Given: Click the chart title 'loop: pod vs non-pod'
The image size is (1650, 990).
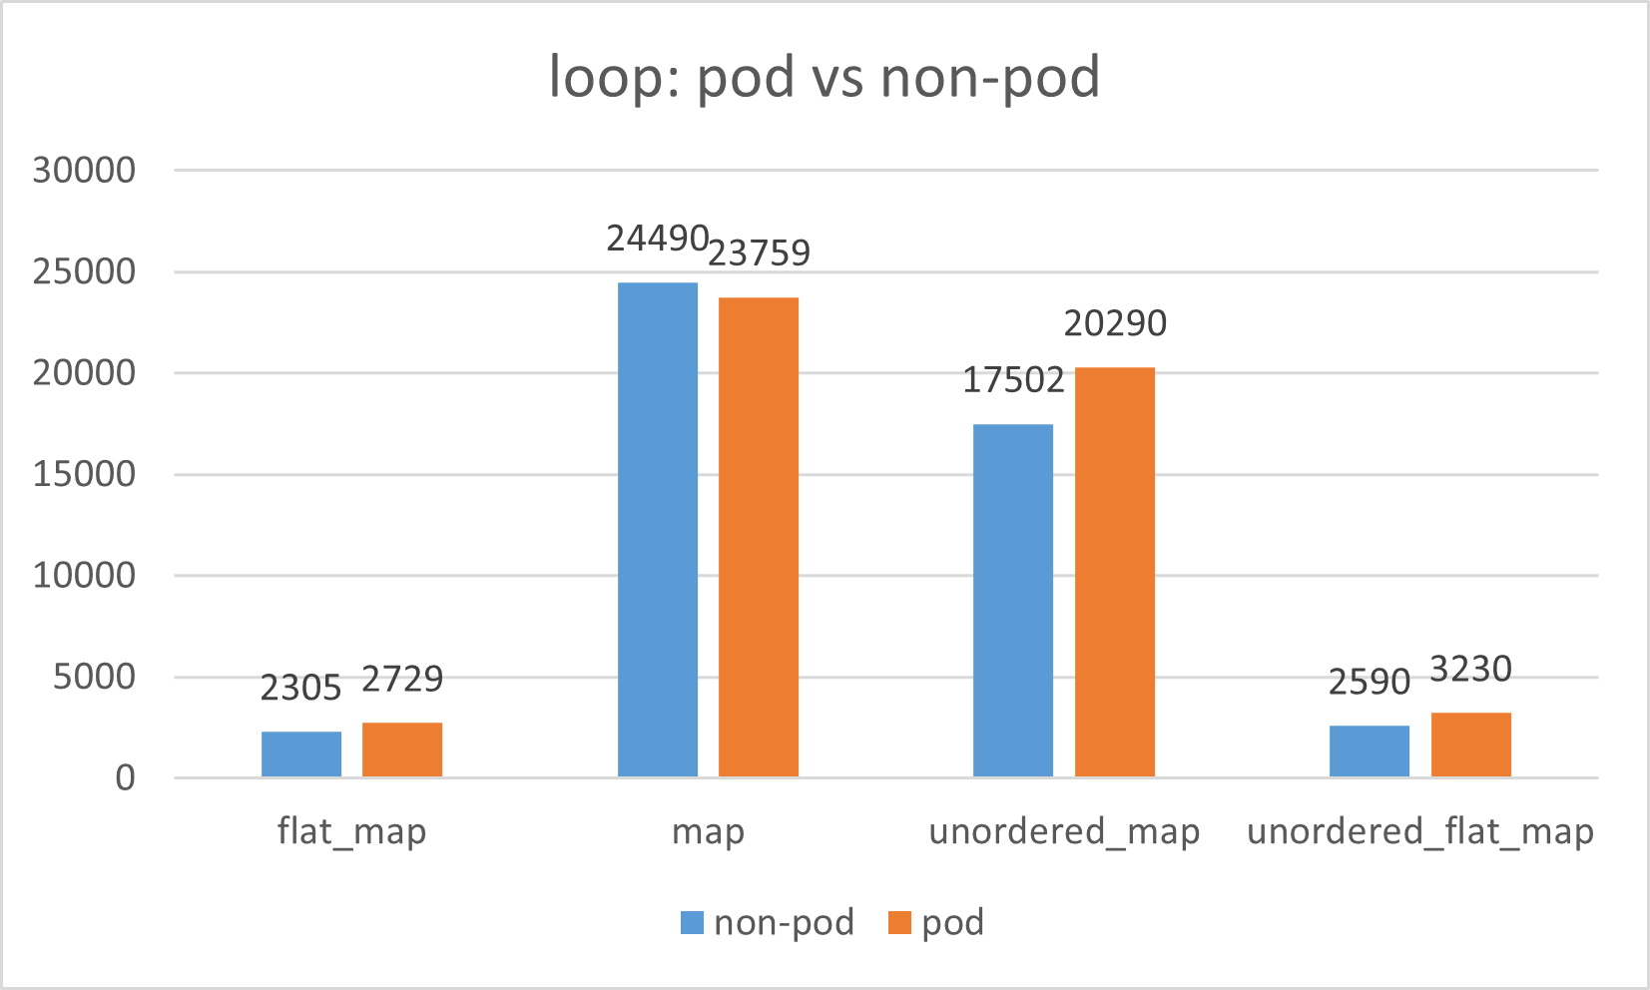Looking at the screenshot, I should pyautogui.click(x=825, y=78).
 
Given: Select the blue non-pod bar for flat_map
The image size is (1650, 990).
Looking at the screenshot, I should pyautogui.click(x=301, y=753).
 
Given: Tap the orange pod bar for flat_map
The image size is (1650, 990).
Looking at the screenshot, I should pyautogui.click(x=402, y=749).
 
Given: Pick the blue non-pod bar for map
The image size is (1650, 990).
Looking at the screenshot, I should pyautogui.click(x=658, y=529).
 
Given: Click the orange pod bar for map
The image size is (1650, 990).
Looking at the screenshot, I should pyautogui.click(x=759, y=537).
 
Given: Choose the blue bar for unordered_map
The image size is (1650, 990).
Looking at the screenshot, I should pyautogui.click(x=1013, y=600).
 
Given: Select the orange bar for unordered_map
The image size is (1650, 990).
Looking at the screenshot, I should pyautogui.click(x=1115, y=572).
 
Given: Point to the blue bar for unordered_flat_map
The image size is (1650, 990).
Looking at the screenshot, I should pyautogui.click(x=1370, y=750).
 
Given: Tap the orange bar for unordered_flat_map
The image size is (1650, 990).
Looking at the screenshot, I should pyautogui.click(x=1471, y=744).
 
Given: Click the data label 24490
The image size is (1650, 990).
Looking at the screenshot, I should pyautogui.click(x=658, y=240).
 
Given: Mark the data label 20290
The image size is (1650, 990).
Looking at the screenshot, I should pyautogui.click(x=1115, y=323).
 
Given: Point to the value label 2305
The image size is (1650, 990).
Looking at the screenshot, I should pyautogui.click(x=300, y=688).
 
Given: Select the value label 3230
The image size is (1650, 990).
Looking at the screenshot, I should pyautogui.click(x=1470, y=669).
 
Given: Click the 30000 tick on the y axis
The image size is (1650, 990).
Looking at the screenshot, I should pyautogui.click(x=84, y=171).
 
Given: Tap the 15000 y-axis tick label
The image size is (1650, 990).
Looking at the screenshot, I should pyautogui.click(x=84, y=474).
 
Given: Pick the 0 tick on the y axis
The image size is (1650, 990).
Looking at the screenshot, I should pyautogui.click(x=125, y=777).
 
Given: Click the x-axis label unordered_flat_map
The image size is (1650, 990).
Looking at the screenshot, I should pyautogui.click(x=1420, y=831).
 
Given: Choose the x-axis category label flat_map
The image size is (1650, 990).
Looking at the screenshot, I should pyautogui.click(x=351, y=831).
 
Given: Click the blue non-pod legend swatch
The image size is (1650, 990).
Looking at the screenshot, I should pyautogui.click(x=692, y=922).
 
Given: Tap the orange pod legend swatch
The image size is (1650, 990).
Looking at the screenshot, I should pyautogui.click(x=899, y=922).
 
